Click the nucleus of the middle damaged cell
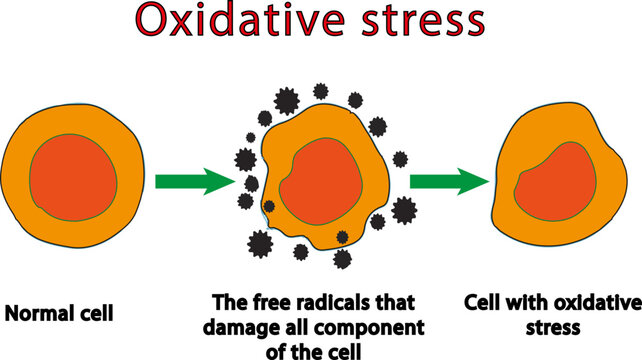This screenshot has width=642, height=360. [x=318, y=181]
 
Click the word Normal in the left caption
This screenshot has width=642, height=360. [x=43, y=313]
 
